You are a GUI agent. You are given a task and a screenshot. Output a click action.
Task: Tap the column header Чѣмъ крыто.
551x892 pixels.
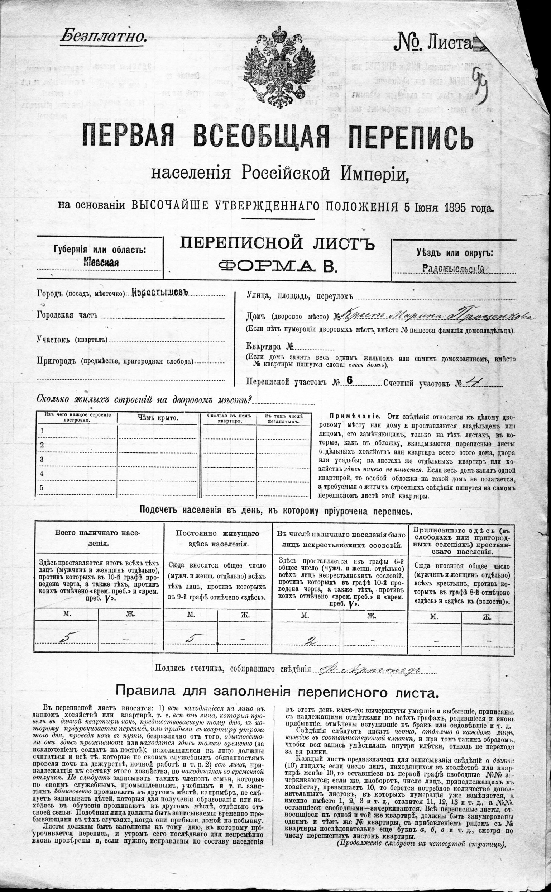158,418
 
